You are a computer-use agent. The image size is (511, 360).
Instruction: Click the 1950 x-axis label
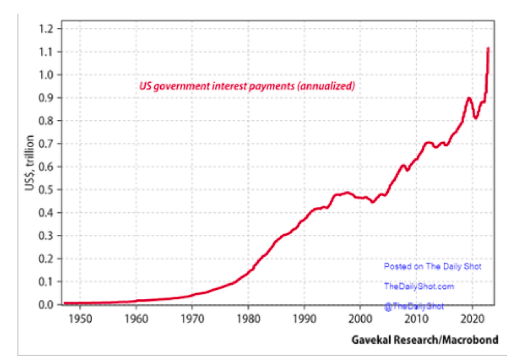pyautogui.click(x=80, y=319)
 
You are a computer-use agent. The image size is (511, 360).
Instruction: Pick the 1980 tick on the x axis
pyautogui.click(x=248, y=319)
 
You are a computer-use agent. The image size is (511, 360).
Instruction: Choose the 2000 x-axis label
pyautogui.click(x=360, y=319)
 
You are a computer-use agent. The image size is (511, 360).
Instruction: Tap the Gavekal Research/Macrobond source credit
pyautogui.click(x=425, y=339)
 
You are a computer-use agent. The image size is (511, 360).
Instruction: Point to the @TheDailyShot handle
pyautogui.click(x=414, y=306)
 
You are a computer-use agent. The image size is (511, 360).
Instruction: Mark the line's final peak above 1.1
pyautogui.click(x=488, y=48)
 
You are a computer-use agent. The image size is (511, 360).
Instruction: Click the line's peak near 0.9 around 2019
pyautogui.click(x=468, y=98)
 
